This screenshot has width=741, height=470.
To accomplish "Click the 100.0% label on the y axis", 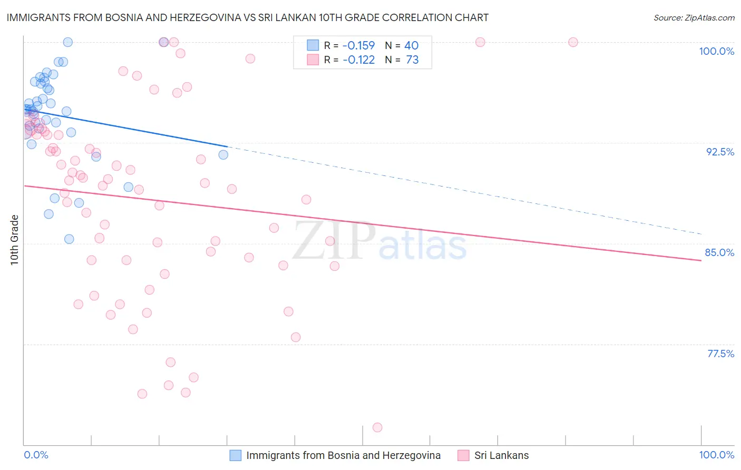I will coord(716,51).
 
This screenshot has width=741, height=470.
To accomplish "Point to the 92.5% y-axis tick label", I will coord(720,152).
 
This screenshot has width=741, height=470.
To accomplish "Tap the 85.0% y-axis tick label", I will coord(719,252).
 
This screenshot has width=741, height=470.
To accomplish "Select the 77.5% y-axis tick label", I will coord(720,354).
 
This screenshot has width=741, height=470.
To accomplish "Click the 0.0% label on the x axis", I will coord(36,455).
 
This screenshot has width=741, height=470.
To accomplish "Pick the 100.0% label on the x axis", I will coord(716,455).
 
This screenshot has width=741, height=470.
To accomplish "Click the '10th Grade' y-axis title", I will coord(14,240).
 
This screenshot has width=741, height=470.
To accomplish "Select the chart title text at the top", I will coord(247,17).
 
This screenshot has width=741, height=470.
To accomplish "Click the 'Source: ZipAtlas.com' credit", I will coord(694,17).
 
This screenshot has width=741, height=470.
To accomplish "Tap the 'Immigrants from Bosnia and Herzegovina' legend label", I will coord(343,455).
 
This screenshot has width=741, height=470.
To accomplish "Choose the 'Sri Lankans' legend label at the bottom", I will coord(501,455).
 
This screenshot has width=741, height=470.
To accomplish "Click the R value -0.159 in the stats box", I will coord(358,46).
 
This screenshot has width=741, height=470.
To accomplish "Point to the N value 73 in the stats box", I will coord(412,60).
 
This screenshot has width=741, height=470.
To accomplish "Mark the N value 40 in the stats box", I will coord(411,46).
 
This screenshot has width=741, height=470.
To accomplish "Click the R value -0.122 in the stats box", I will coord(358,60).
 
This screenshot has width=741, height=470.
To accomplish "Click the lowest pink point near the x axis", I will coord(377,427).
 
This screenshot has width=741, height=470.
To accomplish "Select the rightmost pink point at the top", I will coord(573,42).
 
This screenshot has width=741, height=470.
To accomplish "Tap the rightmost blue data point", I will coord(223,154).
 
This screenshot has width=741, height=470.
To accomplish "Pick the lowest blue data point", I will coord(69,239).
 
